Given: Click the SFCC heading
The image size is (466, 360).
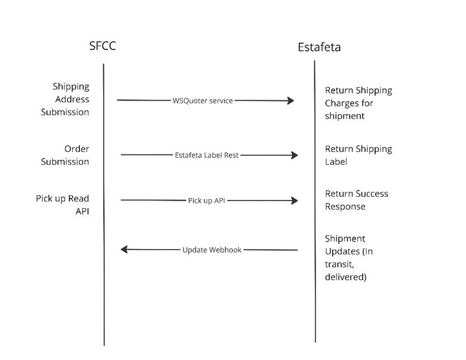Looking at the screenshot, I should coord(102,46).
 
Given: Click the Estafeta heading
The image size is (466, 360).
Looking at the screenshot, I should coord(319,47).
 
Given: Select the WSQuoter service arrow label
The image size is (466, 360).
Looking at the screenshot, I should coord(202,101).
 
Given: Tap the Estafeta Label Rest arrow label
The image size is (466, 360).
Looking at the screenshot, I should coord(207,155).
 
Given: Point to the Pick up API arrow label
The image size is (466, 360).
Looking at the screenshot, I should coord(207,201).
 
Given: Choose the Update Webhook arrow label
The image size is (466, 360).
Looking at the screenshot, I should coord(212,250).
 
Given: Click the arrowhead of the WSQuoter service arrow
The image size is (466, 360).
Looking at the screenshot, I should coord(291,101).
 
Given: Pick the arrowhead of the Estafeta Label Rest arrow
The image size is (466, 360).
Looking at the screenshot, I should coord(295,155).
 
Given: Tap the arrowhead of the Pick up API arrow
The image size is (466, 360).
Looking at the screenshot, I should coord(295,201).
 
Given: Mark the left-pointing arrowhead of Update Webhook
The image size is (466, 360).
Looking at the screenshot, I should coord(124,250).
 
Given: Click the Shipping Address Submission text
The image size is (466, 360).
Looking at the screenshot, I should coord(65,99).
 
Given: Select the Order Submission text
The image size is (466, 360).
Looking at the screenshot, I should coord(65,155).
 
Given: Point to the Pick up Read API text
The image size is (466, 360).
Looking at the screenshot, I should coord(63,205).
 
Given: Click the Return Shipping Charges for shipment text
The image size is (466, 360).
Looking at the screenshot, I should coord(358,103).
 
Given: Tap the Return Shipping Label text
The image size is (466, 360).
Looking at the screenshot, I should coord(358,155).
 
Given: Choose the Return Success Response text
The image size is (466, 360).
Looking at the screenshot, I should coord(356,200).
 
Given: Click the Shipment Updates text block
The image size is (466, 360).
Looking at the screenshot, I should coord(349,258).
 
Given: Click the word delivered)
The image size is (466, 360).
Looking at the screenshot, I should coord(346,277).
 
